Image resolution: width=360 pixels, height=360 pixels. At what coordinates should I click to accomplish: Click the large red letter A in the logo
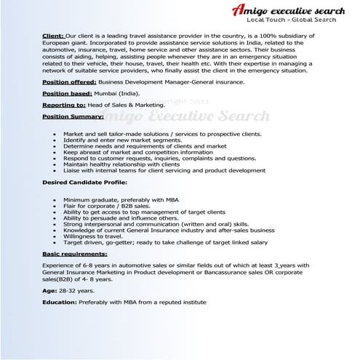point(239,10)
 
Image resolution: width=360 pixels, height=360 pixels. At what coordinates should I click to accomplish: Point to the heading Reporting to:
point(63,105)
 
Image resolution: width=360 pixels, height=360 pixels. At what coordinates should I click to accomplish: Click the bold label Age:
point(49,290)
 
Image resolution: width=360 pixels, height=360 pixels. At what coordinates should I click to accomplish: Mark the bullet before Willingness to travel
point(56,236)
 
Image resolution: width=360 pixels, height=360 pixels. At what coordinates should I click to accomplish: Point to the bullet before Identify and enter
point(56,140)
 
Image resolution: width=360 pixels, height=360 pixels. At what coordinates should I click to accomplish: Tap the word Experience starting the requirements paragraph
point(61,267)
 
